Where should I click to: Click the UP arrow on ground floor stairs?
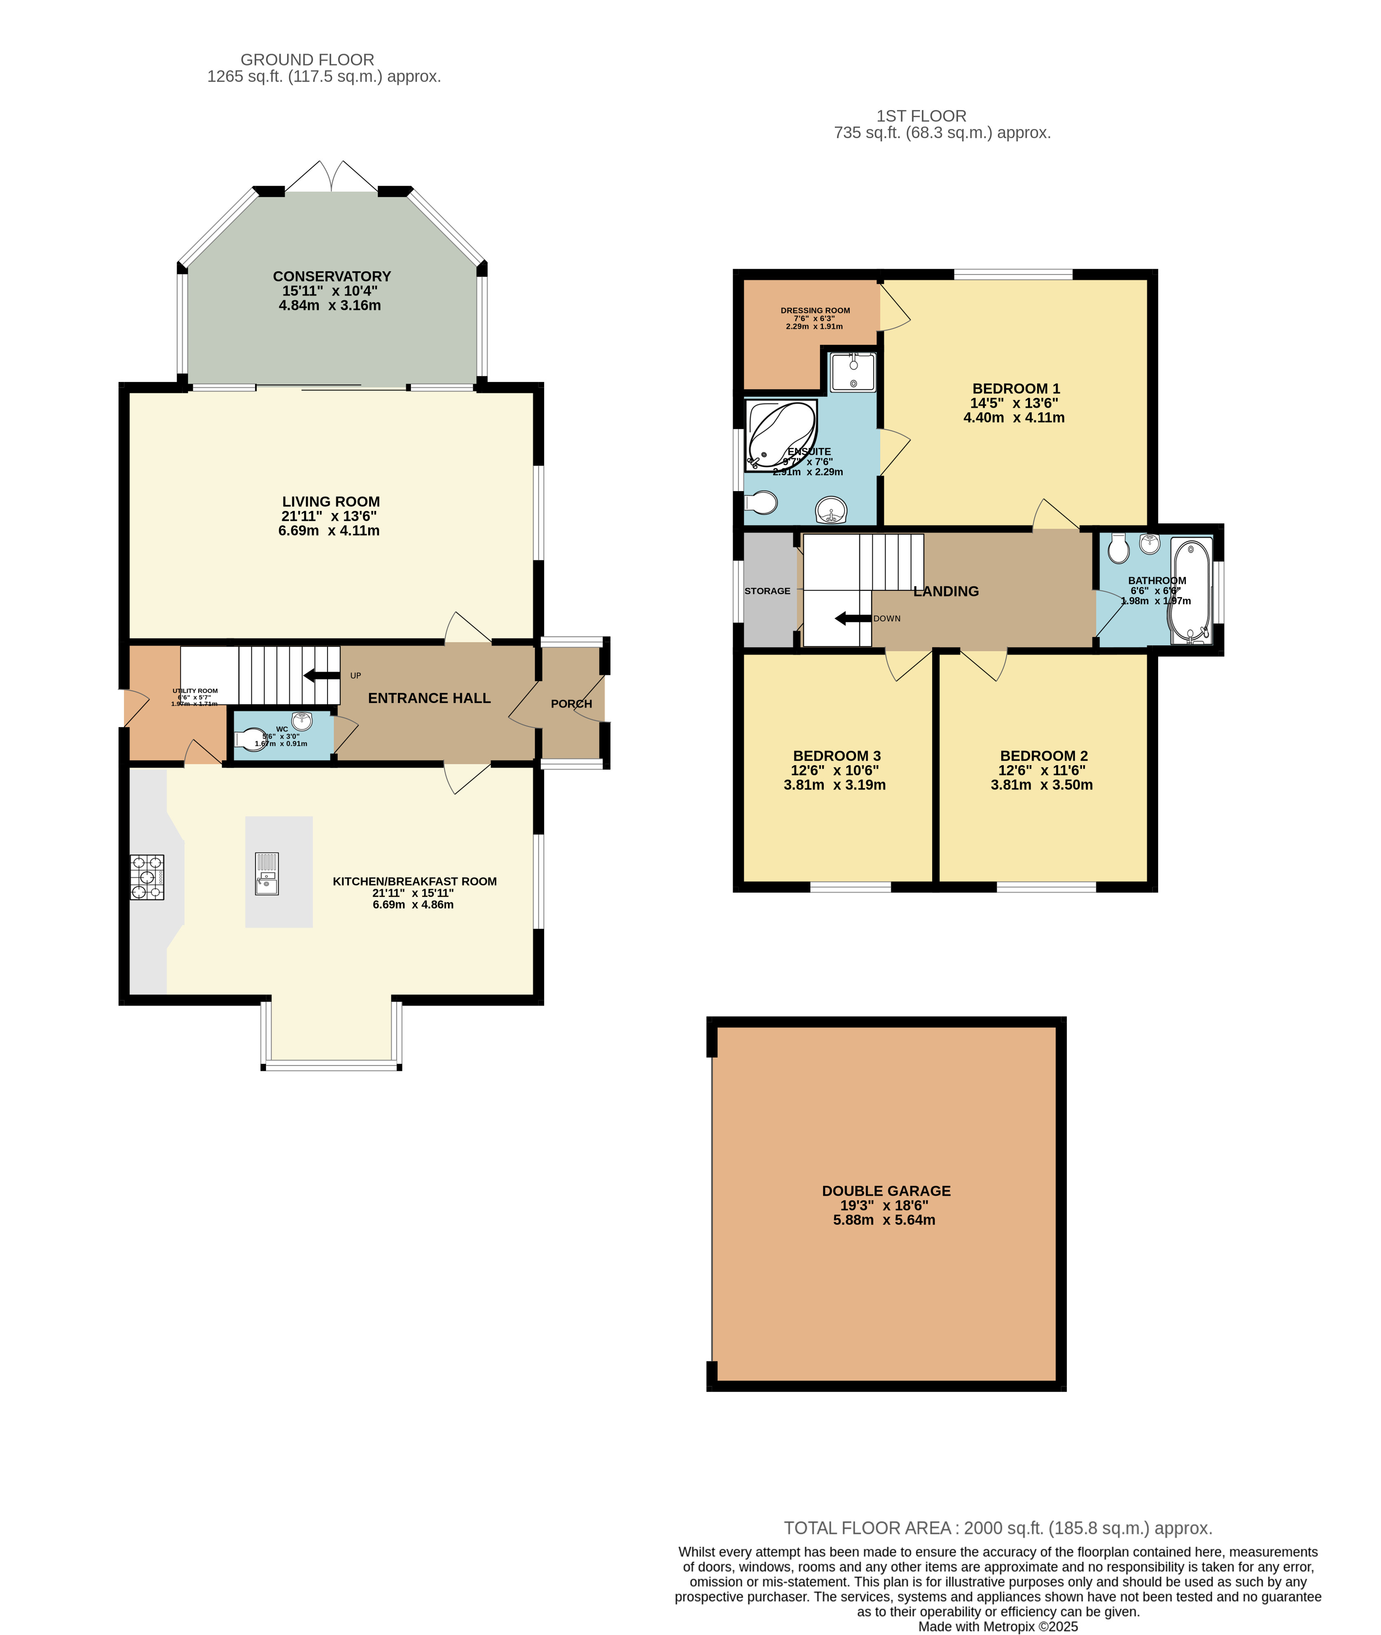click(322, 675)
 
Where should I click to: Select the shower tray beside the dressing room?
click(853, 372)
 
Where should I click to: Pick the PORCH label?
click(572, 704)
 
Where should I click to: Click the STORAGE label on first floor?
click(767, 591)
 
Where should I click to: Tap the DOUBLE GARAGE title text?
click(886, 1191)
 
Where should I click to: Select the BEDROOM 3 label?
click(837, 756)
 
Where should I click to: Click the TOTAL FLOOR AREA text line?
click(998, 1528)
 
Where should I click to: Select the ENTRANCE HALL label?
click(429, 698)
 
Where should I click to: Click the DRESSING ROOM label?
click(815, 310)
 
